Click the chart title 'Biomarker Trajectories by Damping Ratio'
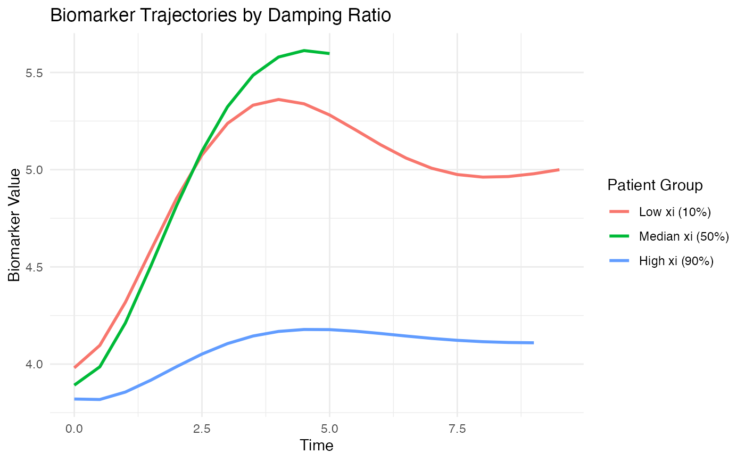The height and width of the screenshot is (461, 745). coord(220,16)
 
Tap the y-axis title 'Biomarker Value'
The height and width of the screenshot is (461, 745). coord(15,224)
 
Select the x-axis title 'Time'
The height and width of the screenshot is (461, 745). coord(317,445)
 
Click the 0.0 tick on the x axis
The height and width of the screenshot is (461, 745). coord(74,428)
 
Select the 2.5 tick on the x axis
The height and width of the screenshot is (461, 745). coord(202,428)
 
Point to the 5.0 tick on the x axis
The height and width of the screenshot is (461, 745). coord(329,428)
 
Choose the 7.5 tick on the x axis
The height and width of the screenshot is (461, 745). coord(457,428)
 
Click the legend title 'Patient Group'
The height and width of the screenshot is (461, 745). coord(655,185)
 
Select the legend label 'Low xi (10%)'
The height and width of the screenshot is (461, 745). coord(675,212)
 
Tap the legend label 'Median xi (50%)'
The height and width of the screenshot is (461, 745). coord(684,236)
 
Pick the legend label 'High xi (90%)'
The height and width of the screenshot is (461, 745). coord(676,261)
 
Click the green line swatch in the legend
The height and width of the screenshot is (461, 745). coord(619,236)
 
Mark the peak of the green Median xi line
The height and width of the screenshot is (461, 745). coord(304,51)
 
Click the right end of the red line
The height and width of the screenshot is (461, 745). coord(559,169)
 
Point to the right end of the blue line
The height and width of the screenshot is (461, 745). coord(533,343)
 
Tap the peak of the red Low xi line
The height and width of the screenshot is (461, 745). coord(278,100)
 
